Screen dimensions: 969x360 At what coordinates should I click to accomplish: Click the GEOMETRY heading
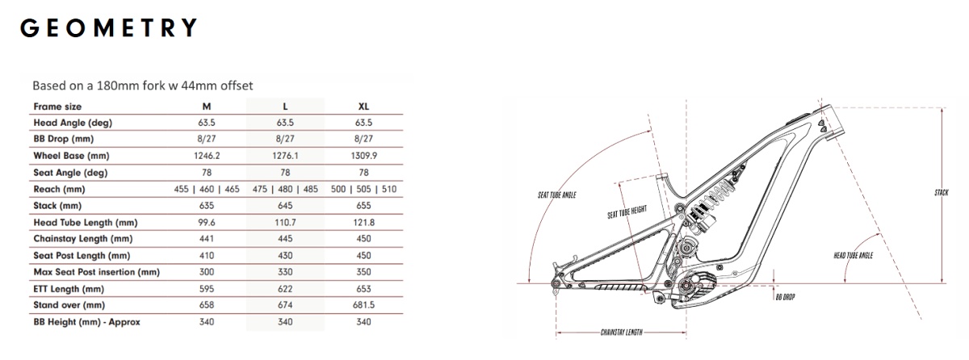(108, 27)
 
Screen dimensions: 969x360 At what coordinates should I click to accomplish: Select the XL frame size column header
(363, 107)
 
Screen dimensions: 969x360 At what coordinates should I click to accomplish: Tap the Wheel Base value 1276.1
(285, 156)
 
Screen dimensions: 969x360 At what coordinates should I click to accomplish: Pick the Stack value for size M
(207, 206)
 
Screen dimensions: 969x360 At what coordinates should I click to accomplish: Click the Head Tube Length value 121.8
(363, 223)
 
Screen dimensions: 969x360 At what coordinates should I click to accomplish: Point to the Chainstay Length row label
(83, 239)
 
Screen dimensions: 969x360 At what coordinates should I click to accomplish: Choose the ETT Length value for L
(285, 289)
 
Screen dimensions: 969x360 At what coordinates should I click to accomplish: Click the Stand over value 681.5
(363, 305)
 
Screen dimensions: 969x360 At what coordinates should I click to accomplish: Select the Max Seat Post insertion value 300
(207, 272)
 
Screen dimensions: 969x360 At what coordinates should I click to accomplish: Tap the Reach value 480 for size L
(285, 190)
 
